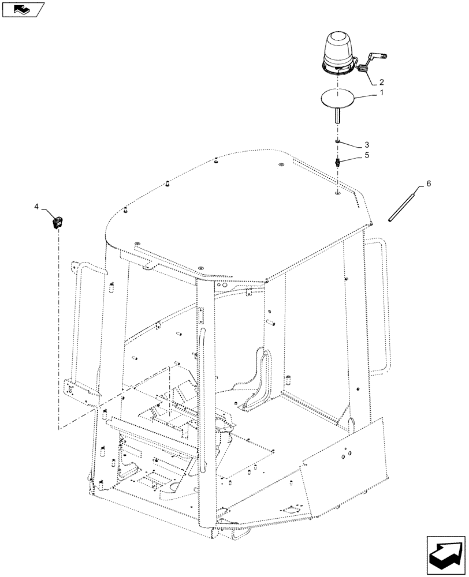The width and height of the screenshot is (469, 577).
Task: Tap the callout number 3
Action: click(x=366, y=144)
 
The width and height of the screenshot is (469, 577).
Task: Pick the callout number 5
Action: click(x=366, y=156)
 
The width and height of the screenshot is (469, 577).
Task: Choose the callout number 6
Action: click(x=428, y=183)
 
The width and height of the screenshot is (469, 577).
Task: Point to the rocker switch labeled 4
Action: click(x=58, y=222)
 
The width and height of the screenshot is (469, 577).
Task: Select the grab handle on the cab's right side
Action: click(x=377, y=306)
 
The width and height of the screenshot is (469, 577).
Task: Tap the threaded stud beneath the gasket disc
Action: click(x=336, y=118)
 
